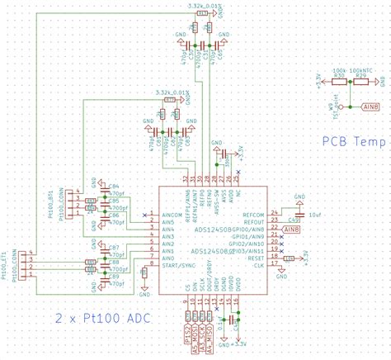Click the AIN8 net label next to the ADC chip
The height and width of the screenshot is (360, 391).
pos(291,229)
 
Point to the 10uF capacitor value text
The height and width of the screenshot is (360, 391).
pos(313,215)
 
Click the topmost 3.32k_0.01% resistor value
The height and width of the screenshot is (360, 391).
pos(195,6)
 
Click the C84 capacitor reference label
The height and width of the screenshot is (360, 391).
pos(115,187)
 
